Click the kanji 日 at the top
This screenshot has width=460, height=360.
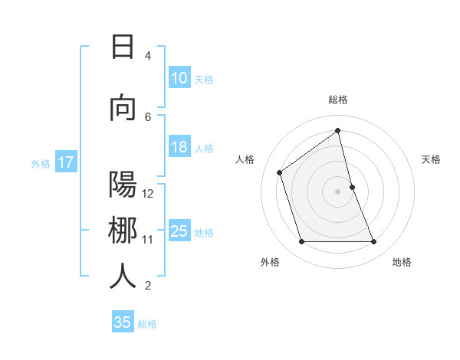click(x=123, y=47)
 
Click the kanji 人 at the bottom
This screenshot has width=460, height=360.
click(x=123, y=276)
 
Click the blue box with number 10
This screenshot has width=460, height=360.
click(x=179, y=78)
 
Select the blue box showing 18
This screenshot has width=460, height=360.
click(x=179, y=148)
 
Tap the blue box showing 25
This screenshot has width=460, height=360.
click(x=179, y=231)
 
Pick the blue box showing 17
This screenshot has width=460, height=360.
click(x=65, y=162)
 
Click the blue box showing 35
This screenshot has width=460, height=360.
click(x=122, y=322)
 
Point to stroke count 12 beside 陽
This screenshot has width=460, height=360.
click(x=148, y=194)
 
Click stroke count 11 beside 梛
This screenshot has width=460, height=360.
click(x=148, y=240)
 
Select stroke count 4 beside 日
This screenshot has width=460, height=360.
click(x=148, y=56)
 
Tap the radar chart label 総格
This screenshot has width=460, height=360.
click(x=337, y=100)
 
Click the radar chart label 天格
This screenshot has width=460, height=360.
click(x=431, y=159)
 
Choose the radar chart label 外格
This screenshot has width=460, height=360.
click(x=270, y=263)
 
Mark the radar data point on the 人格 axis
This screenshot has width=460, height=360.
click(x=280, y=172)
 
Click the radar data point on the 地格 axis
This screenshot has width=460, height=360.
click(x=373, y=242)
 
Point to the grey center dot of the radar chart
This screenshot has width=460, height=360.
click(x=337, y=191)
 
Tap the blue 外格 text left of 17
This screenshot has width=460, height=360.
click(x=41, y=163)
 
